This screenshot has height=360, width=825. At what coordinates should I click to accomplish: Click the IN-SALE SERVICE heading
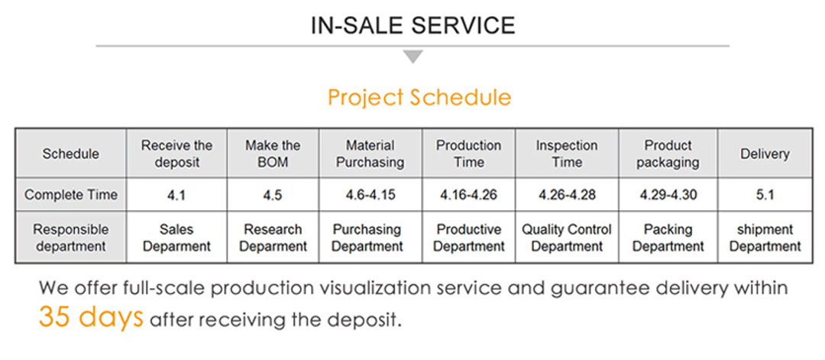pos(413,25)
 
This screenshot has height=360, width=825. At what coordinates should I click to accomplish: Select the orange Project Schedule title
pos(419,98)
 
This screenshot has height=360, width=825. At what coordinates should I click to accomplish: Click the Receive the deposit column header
pos(176,154)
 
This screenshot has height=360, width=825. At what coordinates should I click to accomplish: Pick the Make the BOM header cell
pos(273,154)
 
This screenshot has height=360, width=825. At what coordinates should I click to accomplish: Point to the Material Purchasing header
pos(370,154)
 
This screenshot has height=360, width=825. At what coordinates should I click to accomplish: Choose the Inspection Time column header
pos(567,154)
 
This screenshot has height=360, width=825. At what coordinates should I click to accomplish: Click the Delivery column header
pos(765,154)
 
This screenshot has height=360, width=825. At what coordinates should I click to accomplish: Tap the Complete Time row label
pos(71,195)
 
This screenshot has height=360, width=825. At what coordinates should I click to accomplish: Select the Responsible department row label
pos(71,238)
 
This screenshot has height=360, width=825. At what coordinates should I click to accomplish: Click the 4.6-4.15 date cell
pos(370,195)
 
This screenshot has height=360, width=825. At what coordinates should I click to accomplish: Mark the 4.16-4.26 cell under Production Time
pos(468,195)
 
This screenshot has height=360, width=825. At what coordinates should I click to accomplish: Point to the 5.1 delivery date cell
pos(765,195)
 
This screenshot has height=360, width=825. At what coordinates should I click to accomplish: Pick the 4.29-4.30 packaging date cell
pos(668,195)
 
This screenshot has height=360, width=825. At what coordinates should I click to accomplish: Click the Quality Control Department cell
pos(567,238)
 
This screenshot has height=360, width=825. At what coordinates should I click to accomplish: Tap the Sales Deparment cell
pos(176,238)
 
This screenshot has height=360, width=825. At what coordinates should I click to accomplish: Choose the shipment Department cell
pos(765,238)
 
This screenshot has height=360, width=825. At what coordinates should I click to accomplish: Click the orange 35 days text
pos(90,317)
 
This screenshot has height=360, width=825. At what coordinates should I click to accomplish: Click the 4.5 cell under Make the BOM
pos(273,195)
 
